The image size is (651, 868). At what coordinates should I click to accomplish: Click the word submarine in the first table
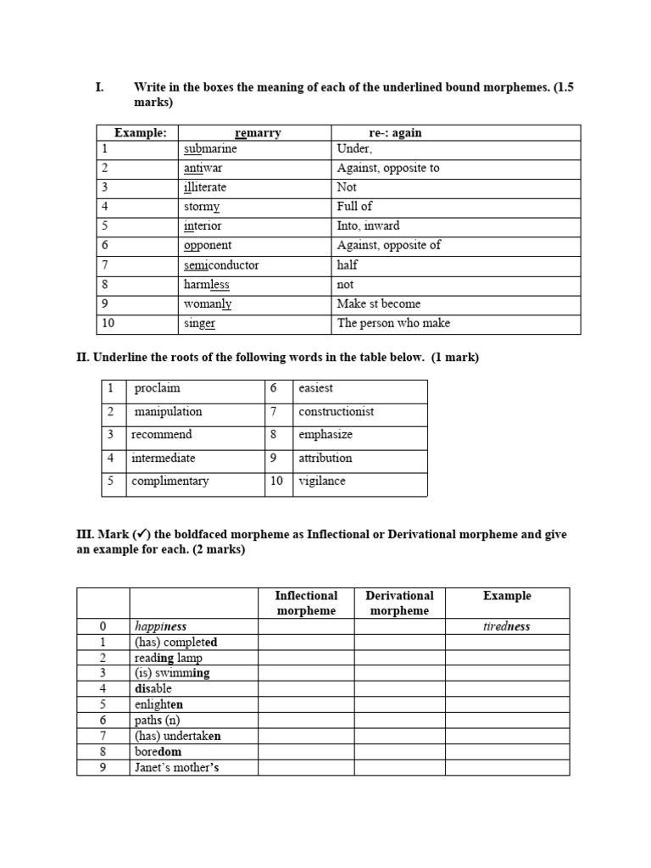210,148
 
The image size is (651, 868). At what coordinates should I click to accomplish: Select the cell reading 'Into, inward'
368,225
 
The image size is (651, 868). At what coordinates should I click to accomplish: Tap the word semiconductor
221,264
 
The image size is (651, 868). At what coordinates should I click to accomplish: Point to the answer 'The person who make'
393,323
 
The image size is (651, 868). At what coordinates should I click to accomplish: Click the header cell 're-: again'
395,133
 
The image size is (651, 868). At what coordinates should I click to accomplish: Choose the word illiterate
205,186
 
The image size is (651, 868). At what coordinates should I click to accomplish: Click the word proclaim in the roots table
158,388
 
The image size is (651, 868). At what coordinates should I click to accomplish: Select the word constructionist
337,411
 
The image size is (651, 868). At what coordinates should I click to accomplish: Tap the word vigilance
322,481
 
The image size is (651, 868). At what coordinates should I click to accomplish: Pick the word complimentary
170,481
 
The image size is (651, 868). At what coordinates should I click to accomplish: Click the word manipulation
168,411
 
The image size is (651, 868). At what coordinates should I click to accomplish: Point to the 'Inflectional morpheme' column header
306,603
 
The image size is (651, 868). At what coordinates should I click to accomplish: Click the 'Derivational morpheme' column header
399,603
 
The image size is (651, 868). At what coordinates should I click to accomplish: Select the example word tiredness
507,626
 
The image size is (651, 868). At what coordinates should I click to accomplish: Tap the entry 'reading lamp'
168,658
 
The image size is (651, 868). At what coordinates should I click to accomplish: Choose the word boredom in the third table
158,752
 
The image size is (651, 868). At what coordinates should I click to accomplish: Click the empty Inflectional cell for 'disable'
306,689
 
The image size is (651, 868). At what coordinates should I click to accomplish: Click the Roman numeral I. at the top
99,86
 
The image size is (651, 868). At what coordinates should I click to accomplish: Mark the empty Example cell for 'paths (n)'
507,721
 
